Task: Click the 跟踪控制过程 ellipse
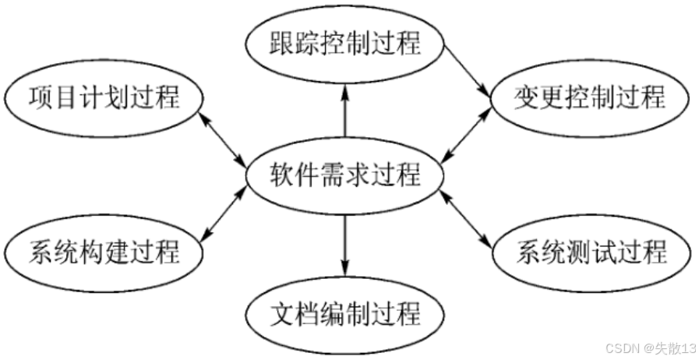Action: point(344,43)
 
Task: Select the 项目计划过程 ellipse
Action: point(104,98)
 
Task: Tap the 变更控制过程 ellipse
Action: point(590,98)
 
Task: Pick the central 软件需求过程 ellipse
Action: point(344,175)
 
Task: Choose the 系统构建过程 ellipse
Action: point(104,252)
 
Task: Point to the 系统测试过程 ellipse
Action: point(590,252)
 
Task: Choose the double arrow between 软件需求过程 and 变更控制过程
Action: point(466,135)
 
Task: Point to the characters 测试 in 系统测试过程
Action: point(591,252)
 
